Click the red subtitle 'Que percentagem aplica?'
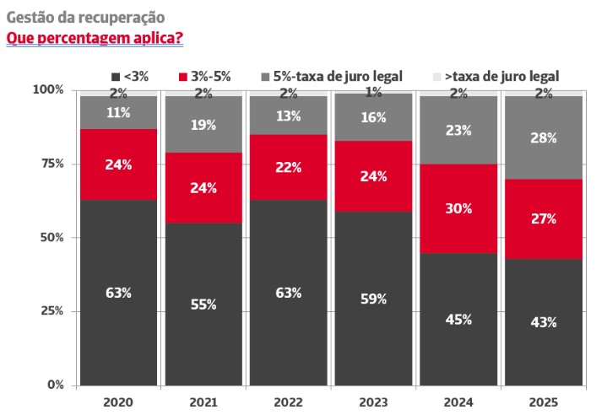(x=95, y=38)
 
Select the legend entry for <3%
(x=130, y=76)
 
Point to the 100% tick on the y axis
(x=49, y=89)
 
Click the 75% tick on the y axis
(x=51, y=163)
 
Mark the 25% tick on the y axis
(x=51, y=311)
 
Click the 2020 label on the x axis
(x=119, y=402)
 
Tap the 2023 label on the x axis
(x=372, y=402)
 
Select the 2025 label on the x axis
(x=542, y=402)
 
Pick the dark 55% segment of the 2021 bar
(x=203, y=304)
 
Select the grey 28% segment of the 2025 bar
(x=542, y=137)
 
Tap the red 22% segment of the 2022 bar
(x=288, y=167)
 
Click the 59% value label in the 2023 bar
(x=372, y=299)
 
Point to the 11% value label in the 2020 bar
(x=119, y=112)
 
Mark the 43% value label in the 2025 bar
(x=542, y=321)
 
